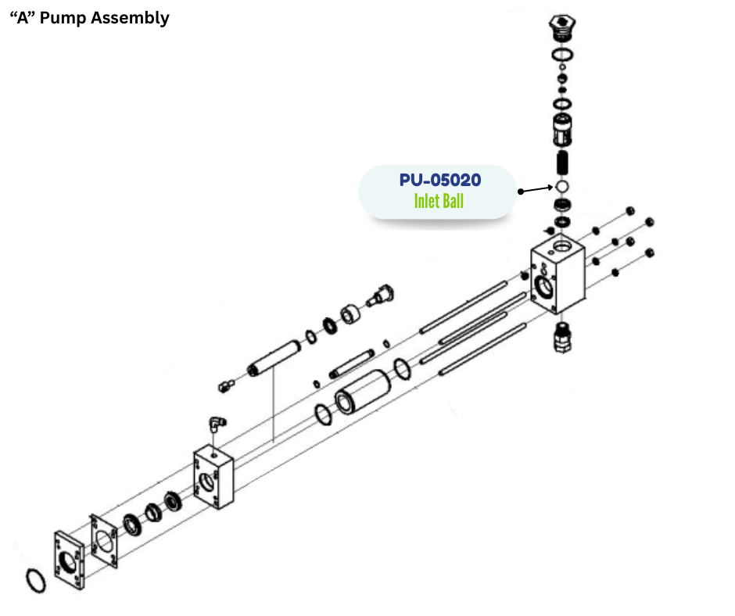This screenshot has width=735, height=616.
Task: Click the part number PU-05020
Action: click(x=439, y=180)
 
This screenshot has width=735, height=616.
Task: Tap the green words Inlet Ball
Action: click(x=439, y=202)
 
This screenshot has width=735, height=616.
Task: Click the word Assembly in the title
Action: click(x=130, y=18)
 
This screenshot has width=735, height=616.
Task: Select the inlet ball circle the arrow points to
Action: click(x=562, y=187)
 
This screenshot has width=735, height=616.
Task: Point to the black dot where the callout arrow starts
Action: click(x=519, y=191)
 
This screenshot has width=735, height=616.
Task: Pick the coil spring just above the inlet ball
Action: click(x=562, y=163)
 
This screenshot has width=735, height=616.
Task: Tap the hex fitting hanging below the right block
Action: click(x=562, y=338)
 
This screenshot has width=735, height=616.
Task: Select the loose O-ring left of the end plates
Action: click(x=35, y=580)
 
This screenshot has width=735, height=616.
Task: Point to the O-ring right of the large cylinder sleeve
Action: click(x=401, y=367)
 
